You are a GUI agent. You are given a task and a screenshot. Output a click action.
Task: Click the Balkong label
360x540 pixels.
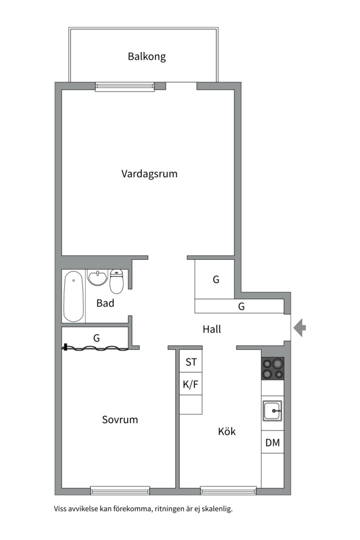click(146, 56)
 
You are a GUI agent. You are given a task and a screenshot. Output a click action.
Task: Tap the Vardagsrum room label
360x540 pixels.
click(149, 174)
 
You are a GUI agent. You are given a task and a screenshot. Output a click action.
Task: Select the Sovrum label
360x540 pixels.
click(120, 419)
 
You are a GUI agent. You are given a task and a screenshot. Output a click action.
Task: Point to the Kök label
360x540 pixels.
click(226, 431)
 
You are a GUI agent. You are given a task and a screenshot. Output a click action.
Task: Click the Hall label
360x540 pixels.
click(211, 329)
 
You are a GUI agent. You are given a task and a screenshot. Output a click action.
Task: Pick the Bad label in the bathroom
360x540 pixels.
click(105, 303)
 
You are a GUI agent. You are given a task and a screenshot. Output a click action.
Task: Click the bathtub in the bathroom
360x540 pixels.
click(73, 296)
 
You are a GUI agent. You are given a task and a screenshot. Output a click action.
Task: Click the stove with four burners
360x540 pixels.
click(272, 369)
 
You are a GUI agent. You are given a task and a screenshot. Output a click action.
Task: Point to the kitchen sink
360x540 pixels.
click(272, 411)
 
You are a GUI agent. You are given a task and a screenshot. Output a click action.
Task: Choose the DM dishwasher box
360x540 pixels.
click(272, 442)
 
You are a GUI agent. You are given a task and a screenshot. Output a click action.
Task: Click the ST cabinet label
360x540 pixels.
click(191, 362)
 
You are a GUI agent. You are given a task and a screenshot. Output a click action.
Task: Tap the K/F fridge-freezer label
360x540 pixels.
click(191, 385)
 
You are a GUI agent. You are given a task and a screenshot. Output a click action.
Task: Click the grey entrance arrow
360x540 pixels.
click(299, 328)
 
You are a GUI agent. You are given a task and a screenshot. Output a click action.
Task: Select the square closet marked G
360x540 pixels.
click(215, 279)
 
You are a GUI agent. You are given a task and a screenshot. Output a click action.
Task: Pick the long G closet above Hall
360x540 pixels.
click(241, 306)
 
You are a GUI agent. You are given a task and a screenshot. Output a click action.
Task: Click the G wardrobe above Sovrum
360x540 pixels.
click(96, 338)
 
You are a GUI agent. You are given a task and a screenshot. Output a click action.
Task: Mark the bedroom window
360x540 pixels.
click(120, 490)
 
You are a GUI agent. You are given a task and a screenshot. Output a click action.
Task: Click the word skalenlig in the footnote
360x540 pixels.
click(215, 509)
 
